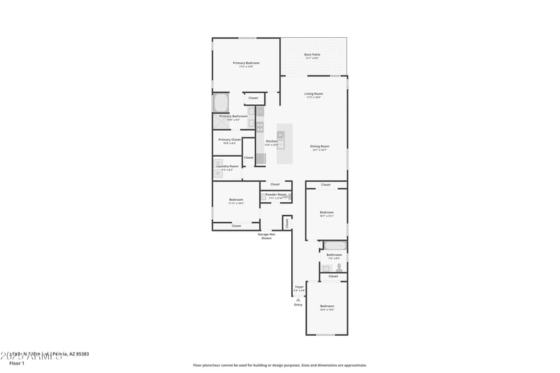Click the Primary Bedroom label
coord(246,63)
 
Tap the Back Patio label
coord(313,55)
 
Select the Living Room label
coord(313,94)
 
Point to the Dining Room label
coord(319,146)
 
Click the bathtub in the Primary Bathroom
coord(221,102)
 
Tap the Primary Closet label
coord(229,139)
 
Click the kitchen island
coord(285,144)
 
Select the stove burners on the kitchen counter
coord(260,127)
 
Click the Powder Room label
coord(276,195)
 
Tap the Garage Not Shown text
coord(266,236)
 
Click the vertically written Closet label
coord(286,223)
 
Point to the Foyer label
coord(299,287)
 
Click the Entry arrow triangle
coord(298,299)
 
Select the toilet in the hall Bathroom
coord(337,267)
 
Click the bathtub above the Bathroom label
coord(334,245)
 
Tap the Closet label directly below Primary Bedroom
coord(253,98)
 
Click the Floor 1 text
coord(17,363)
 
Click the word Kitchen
coord(271,141)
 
